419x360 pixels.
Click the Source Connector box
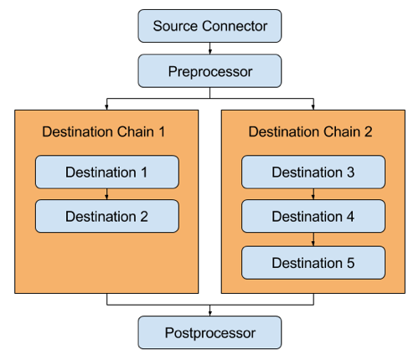tap(209, 26)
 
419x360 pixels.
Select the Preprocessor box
tap(209, 71)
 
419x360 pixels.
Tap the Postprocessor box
tap(209, 332)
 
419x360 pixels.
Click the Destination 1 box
tap(107, 172)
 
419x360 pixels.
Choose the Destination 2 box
tap(107, 216)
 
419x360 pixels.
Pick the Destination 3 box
tap(313, 172)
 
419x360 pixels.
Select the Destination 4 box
tap(313, 216)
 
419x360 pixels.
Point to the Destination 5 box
tap(313, 263)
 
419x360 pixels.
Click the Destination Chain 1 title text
tap(103, 131)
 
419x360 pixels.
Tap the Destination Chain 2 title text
tap(310, 131)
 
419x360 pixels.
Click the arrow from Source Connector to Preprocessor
tap(209, 49)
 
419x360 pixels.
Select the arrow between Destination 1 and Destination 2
tap(106, 194)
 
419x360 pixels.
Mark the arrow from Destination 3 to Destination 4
tap(313, 194)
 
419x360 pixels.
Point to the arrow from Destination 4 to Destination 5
tap(313, 239)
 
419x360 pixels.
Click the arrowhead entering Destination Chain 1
tap(106, 107)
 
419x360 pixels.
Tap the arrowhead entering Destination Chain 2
tap(313, 107)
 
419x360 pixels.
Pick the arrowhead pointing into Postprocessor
tap(209, 313)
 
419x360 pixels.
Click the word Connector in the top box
tap(235, 26)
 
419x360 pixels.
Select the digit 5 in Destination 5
tap(350, 263)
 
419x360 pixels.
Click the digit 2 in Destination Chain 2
tap(368, 131)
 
